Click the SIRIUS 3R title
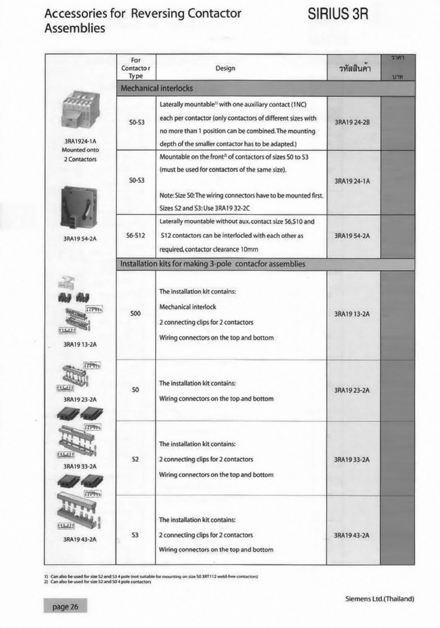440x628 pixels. click(338, 14)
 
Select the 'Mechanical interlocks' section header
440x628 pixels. click(157, 88)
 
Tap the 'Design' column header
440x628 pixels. click(225, 68)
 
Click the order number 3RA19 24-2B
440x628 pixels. click(352, 122)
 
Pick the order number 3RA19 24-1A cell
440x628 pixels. click(352, 181)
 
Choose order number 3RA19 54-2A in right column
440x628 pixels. click(352, 236)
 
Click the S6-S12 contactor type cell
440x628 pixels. click(136, 236)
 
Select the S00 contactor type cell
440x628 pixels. click(136, 314)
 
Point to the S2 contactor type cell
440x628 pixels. click(135, 460)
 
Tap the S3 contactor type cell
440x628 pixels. click(135, 535)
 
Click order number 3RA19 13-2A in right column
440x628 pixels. click(352, 314)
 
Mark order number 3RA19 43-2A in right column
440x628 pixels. click(352, 535)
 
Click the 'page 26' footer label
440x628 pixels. click(65, 607)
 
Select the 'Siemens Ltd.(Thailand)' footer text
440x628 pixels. click(380, 599)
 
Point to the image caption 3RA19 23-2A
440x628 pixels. click(80, 400)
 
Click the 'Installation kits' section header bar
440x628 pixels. click(213, 264)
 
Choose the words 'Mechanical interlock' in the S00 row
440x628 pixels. click(188, 307)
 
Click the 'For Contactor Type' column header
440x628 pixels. click(136, 68)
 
